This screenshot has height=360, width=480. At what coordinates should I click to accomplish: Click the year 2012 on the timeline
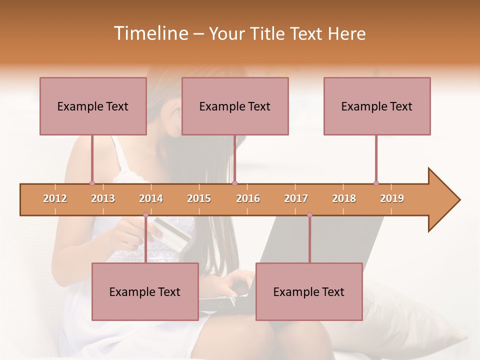tap(55, 198)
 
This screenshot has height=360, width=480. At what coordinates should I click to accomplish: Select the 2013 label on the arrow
tap(103, 198)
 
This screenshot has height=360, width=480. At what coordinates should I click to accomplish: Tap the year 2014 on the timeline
tap(151, 198)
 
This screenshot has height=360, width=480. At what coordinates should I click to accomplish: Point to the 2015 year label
tap(199, 198)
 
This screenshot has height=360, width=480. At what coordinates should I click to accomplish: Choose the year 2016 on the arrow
tap(248, 198)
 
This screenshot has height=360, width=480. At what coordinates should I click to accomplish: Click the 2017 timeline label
tap(296, 198)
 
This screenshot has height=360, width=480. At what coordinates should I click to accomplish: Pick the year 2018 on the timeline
tap(344, 198)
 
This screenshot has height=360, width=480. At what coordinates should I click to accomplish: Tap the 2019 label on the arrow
tap(392, 198)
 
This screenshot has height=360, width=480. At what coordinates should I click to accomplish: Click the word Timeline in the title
tap(150, 33)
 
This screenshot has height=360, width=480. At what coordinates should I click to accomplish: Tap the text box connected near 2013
tap(93, 106)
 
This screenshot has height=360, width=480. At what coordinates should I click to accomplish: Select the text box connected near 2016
tap(235, 106)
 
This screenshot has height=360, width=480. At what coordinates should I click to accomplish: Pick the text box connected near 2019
tap(377, 106)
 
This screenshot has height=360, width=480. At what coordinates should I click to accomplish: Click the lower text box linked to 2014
tap(145, 291)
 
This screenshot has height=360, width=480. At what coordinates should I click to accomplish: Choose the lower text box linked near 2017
tap(309, 291)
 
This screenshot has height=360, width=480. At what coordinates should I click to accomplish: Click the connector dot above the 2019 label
tap(376, 183)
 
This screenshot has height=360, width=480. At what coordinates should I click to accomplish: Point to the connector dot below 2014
tap(145, 214)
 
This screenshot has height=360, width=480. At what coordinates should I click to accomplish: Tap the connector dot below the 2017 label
tap(309, 214)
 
